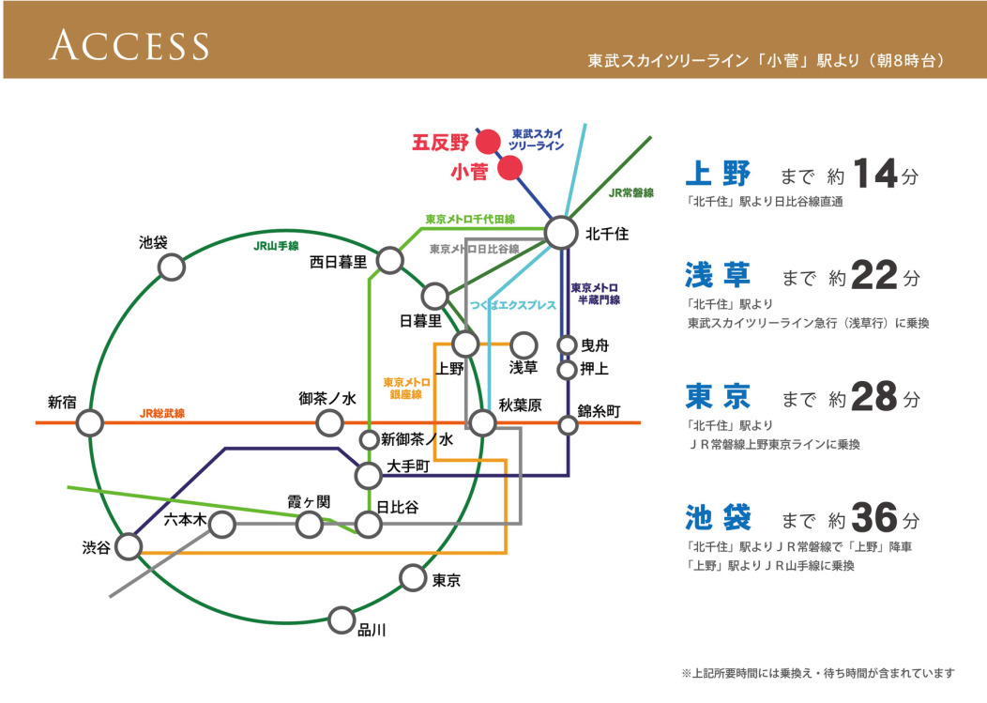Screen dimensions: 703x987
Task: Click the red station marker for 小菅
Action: coord(509,168)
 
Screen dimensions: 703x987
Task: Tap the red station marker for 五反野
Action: coord(487,143)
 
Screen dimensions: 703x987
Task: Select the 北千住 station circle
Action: coord(561,232)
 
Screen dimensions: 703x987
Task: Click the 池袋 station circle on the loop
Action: coord(171,267)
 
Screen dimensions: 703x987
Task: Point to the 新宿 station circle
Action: coord(90,422)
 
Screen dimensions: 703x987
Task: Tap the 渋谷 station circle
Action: coord(129,545)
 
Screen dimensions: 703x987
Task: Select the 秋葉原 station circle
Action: coord(482,422)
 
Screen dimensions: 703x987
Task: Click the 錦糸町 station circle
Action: coord(568,425)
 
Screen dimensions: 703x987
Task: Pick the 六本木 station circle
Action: coord(221,524)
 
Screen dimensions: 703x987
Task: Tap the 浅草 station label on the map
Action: coord(523,366)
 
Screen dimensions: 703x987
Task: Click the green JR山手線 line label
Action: coord(276,246)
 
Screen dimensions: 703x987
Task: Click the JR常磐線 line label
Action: coord(630,192)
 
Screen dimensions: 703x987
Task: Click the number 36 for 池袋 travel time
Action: coord(874,519)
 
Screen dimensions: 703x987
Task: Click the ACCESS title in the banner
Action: coord(129,44)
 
